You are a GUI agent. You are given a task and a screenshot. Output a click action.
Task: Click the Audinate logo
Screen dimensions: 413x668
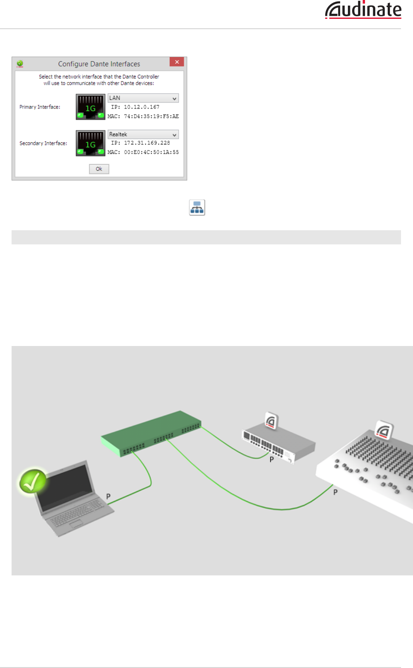click(x=363, y=10)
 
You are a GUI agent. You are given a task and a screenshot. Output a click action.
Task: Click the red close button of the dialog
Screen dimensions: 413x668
click(x=177, y=62)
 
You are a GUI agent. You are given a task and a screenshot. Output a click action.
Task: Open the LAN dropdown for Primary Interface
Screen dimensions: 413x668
click(x=143, y=98)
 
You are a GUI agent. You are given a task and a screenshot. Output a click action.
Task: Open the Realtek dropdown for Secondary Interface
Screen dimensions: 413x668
click(x=143, y=135)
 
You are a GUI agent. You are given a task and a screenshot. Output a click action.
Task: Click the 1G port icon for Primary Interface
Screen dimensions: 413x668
click(x=90, y=107)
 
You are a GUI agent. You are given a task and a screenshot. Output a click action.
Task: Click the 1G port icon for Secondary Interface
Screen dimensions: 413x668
click(x=90, y=143)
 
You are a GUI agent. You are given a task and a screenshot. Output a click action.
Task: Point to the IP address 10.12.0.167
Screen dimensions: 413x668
click(x=141, y=107)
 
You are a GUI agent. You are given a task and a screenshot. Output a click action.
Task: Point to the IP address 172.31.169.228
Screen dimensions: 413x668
click(x=147, y=143)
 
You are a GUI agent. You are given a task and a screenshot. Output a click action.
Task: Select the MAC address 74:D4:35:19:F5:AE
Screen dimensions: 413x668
click(x=151, y=116)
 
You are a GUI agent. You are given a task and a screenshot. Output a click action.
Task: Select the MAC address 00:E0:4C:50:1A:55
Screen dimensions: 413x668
click(x=151, y=152)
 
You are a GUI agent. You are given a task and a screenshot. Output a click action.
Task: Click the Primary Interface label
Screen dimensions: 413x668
click(x=40, y=107)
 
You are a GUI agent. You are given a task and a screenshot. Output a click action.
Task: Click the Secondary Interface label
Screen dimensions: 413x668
click(x=43, y=143)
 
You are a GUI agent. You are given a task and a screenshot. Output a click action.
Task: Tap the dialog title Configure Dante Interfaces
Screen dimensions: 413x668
click(x=99, y=64)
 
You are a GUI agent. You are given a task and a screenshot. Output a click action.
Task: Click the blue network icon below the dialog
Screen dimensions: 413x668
click(x=197, y=208)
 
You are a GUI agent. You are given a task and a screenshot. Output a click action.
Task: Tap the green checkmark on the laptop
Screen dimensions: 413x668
click(x=33, y=481)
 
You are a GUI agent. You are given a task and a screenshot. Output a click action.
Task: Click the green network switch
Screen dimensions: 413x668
click(x=151, y=433)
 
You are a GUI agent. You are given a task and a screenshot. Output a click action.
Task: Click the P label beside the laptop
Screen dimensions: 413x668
click(x=108, y=496)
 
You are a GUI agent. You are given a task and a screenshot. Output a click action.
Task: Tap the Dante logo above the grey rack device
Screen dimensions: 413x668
click(x=271, y=421)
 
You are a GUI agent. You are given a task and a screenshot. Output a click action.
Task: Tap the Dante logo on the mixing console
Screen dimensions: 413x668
click(x=384, y=430)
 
